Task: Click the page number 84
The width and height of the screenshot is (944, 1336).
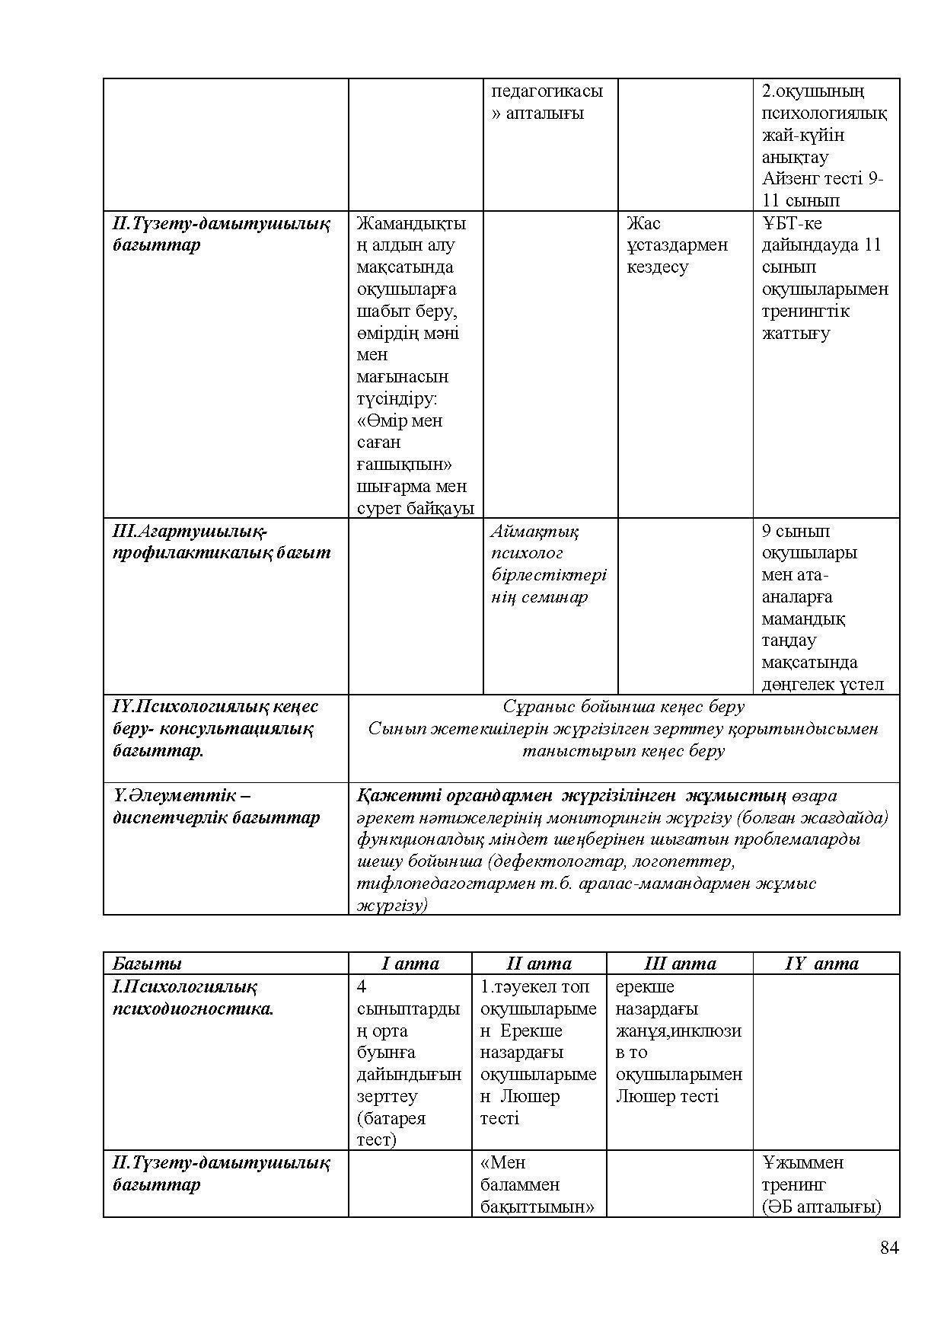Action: (x=889, y=1248)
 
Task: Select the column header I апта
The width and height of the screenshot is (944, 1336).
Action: (x=410, y=964)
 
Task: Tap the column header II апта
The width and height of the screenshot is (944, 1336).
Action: (x=539, y=964)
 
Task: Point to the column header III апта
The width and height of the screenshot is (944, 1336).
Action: (x=680, y=964)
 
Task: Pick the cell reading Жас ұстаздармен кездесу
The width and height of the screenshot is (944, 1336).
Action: (x=677, y=245)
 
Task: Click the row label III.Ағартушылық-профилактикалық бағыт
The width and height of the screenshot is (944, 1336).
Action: (x=222, y=542)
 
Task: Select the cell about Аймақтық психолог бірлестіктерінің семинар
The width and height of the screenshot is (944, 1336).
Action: (x=549, y=564)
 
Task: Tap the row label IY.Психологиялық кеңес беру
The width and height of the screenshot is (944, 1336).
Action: (x=215, y=728)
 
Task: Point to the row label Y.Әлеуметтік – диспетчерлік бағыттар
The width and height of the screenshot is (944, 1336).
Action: (x=216, y=807)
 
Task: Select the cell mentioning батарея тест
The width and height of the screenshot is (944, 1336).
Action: (x=409, y=1063)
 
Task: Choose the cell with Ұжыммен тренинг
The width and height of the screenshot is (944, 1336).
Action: (x=821, y=1184)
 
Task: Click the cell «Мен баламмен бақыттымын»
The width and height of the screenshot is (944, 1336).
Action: (x=537, y=1184)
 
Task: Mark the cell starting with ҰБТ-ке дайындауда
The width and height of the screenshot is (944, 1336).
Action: (x=824, y=278)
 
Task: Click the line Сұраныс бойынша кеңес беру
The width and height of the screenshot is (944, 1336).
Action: (x=623, y=707)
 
